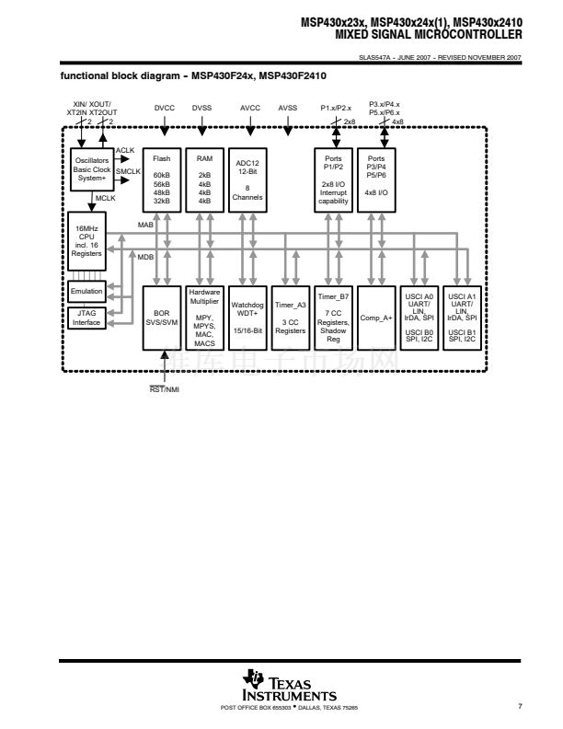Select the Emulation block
(x=87, y=291)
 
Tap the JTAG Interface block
(x=87, y=318)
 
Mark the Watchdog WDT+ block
(x=247, y=318)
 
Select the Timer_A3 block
(x=290, y=318)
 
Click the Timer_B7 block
(x=333, y=318)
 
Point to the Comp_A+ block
(x=376, y=318)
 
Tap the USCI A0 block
(x=419, y=318)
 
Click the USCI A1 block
(x=463, y=318)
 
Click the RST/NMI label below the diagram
(x=165, y=389)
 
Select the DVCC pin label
(x=164, y=108)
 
